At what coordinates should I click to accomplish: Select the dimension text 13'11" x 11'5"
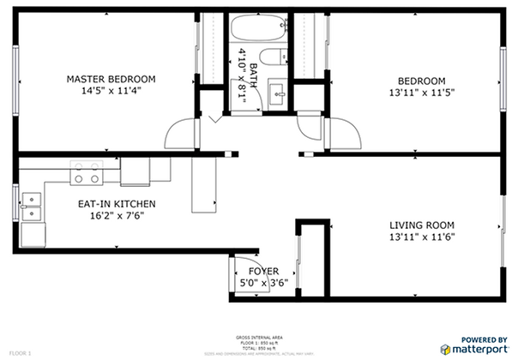(x=420, y=93)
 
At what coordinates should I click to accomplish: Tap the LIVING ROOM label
(x=420, y=225)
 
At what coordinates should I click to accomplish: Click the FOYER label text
(x=263, y=271)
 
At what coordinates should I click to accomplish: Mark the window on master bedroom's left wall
(x=14, y=75)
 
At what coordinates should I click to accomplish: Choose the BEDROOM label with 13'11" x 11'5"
(x=420, y=81)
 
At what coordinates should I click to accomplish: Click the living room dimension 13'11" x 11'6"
(x=420, y=237)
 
